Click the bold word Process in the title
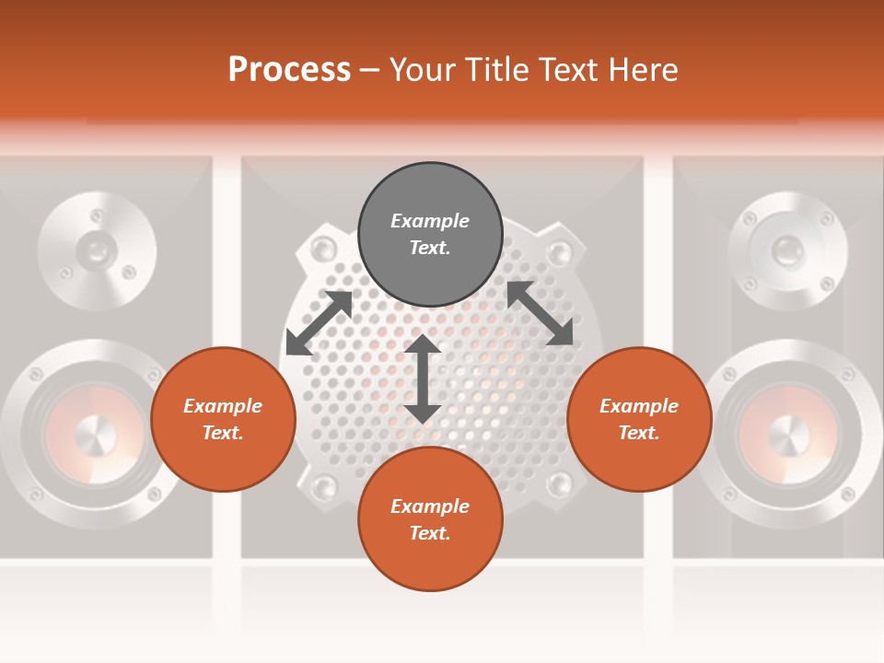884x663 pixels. [x=289, y=70]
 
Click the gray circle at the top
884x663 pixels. [x=430, y=235]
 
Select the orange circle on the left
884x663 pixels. [x=223, y=419]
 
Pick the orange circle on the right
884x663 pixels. [x=639, y=419]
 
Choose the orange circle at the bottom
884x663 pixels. [x=430, y=519]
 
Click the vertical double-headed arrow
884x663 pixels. [x=423, y=378]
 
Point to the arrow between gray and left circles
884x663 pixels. [x=319, y=322]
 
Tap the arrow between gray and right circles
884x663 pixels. [x=541, y=313]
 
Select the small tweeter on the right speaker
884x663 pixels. [x=787, y=249]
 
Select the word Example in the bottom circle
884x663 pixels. [x=430, y=506]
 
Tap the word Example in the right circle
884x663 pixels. [x=639, y=406]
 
